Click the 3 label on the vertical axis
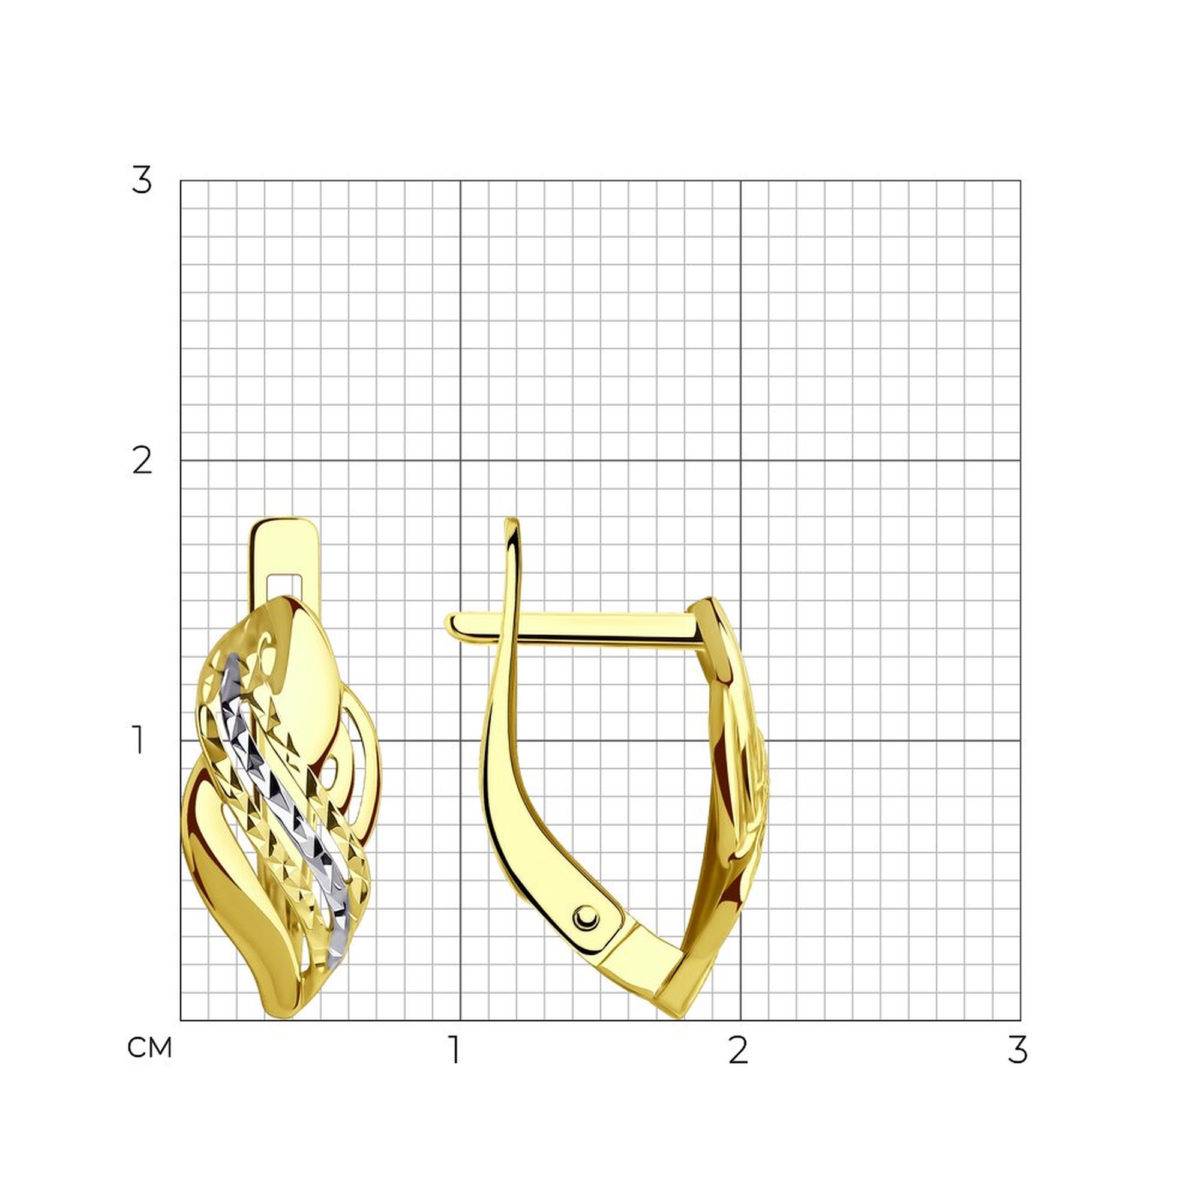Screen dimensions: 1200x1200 [x=142, y=181]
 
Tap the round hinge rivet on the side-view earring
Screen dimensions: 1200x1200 [x=586, y=917]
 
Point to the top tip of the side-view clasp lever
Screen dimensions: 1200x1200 [x=511, y=520]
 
